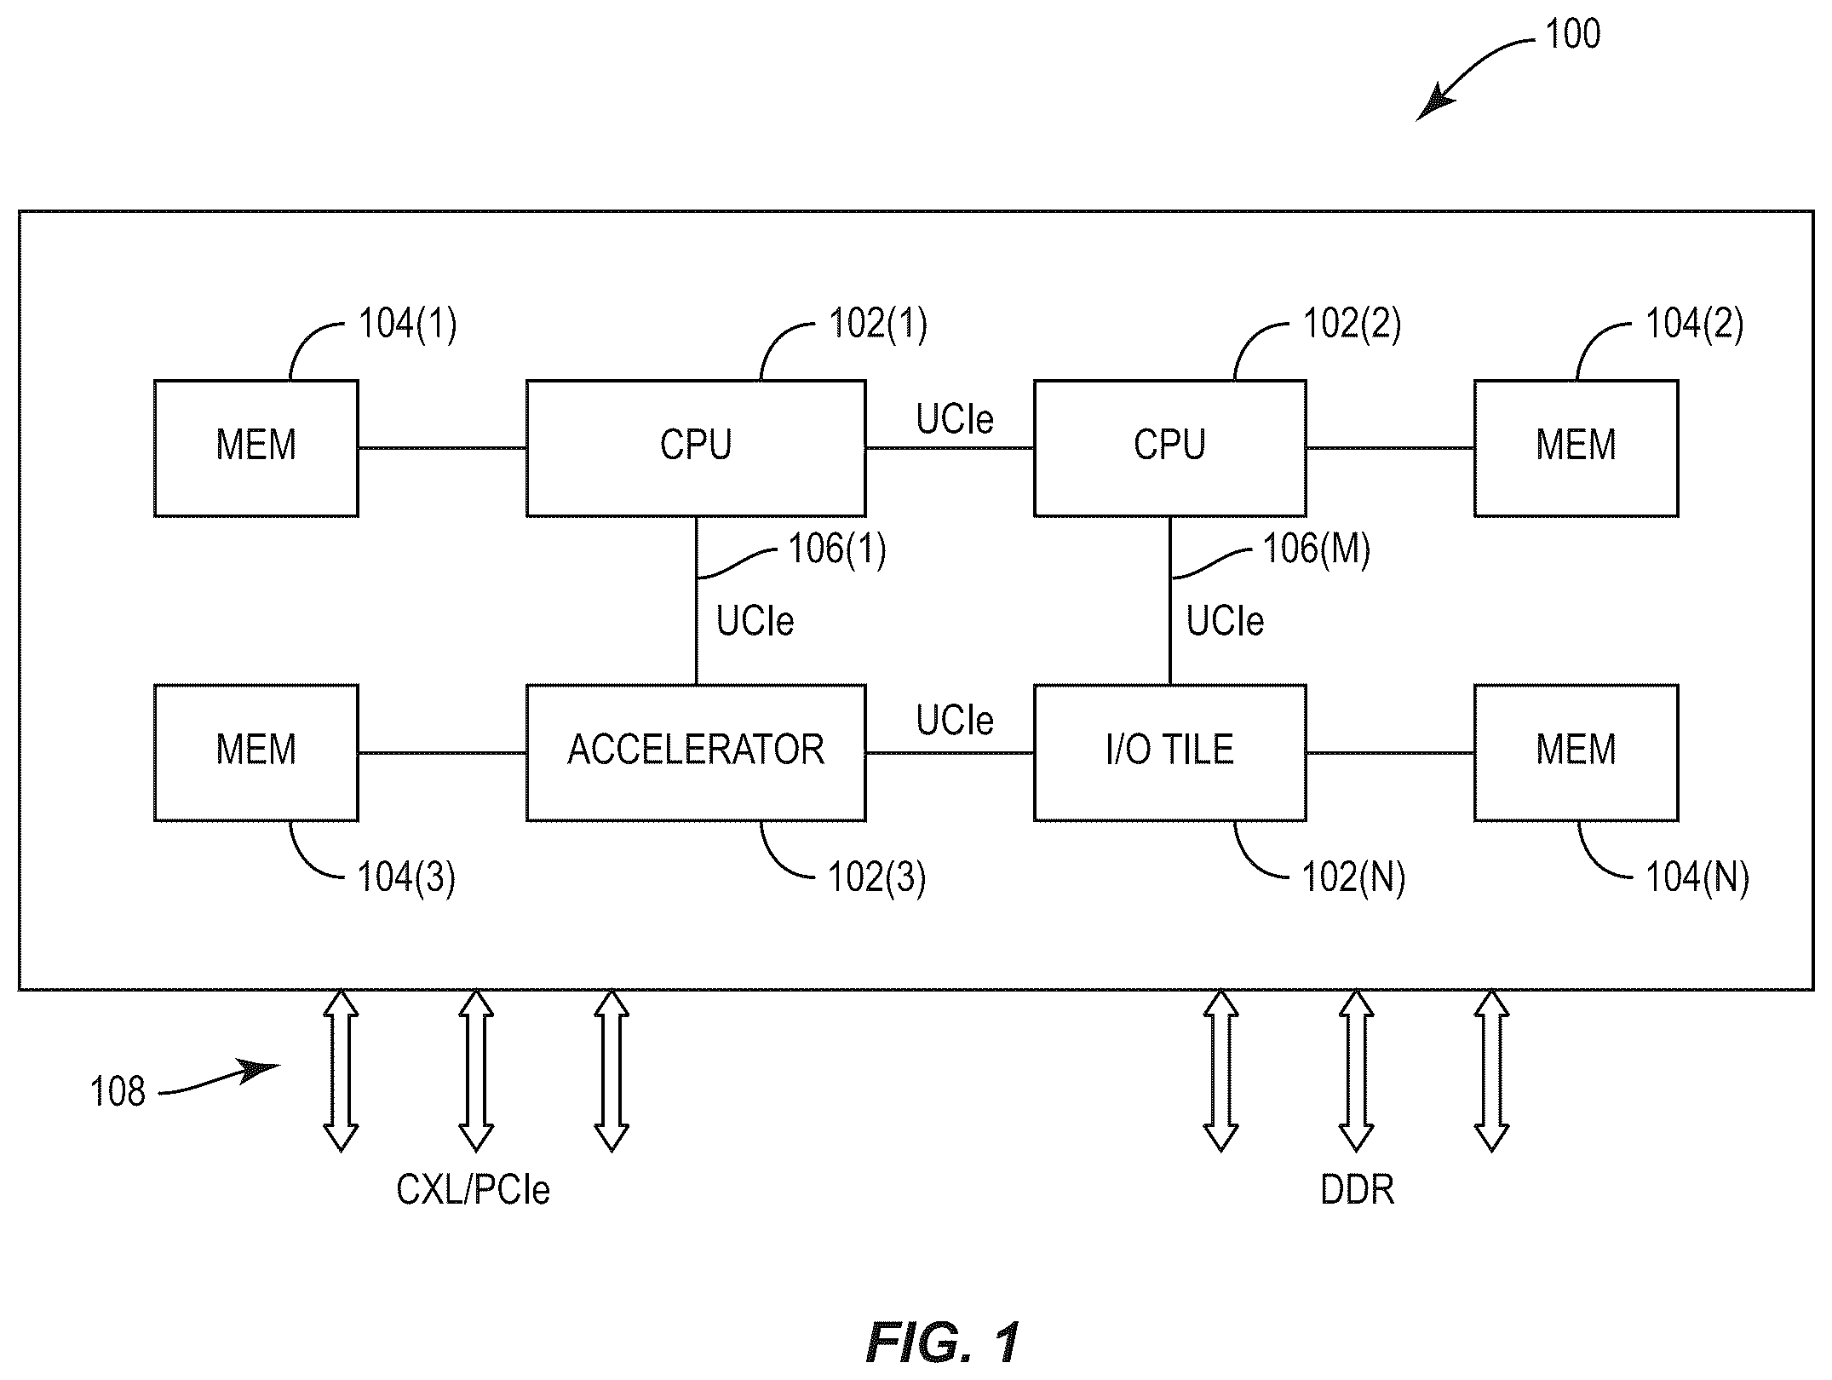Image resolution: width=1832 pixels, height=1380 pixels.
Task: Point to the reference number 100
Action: (x=1572, y=34)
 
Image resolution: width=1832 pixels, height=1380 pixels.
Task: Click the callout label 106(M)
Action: (x=1316, y=549)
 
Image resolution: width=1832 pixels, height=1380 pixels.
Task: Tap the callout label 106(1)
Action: (x=837, y=549)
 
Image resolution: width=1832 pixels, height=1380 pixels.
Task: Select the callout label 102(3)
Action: (x=876, y=877)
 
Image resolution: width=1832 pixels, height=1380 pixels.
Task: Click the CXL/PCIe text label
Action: (x=473, y=1189)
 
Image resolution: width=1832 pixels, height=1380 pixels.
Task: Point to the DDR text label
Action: (x=1357, y=1189)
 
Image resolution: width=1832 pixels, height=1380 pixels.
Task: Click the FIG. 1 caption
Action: (x=942, y=1343)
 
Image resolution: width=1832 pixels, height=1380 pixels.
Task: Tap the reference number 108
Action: (x=118, y=1091)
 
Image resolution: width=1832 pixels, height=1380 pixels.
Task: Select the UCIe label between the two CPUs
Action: (x=955, y=419)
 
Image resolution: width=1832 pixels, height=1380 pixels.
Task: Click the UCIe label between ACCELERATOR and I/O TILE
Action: (x=955, y=721)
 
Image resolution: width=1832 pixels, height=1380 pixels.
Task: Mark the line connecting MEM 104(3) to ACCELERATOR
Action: (x=442, y=753)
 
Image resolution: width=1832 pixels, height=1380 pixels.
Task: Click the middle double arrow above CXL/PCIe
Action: (x=476, y=1071)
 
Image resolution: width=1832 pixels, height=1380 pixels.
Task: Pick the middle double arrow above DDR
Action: (x=1356, y=1071)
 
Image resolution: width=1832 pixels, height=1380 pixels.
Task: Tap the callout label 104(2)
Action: (x=1694, y=325)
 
